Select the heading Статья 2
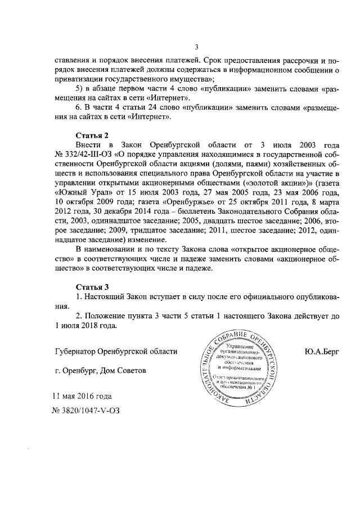[x=91, y=135]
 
